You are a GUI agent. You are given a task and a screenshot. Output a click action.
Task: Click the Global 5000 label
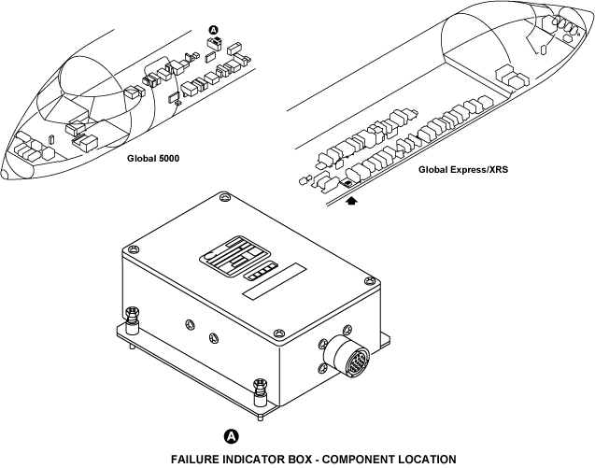[x=153, y=158]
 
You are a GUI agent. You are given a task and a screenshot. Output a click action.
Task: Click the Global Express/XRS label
[x=463, y=169]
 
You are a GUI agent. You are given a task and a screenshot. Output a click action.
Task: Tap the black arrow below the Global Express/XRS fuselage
[x=352, y=201]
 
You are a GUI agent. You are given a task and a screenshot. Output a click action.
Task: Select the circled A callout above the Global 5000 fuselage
[x=214, y=30]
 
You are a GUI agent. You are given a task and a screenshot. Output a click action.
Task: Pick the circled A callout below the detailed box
[x=232, y=436]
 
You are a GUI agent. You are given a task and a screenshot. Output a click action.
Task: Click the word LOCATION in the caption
[x=427, y=460]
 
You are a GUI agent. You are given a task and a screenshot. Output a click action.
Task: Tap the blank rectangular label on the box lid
[x=275, y=281]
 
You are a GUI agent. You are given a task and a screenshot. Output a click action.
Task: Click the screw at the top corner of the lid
[x=224, y=197]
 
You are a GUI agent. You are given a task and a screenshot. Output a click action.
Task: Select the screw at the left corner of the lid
[x=133, y=249]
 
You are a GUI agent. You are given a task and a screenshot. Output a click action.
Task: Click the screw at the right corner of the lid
[x=369, y=281]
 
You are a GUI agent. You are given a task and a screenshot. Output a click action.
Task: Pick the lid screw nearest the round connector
[x=279, y=333]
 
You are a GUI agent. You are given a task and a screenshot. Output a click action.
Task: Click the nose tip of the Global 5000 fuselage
[x=5, y=175]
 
